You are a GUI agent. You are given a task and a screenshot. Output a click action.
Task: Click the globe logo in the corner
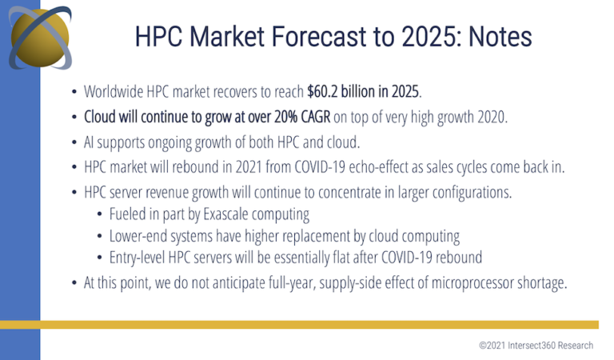(x=40, y=38)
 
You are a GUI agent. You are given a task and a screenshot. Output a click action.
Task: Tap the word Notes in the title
(x=500, y=37)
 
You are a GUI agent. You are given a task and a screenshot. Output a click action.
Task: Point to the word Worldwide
(x=114, y=92)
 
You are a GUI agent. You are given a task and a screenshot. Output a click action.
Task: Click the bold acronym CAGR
(x=316, y=117)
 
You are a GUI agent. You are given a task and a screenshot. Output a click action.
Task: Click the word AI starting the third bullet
(x=89, y=142)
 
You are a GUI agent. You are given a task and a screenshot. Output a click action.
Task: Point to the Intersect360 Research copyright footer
(x=536, y=346)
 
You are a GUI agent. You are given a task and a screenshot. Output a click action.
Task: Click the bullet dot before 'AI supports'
(x=74, y=142)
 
